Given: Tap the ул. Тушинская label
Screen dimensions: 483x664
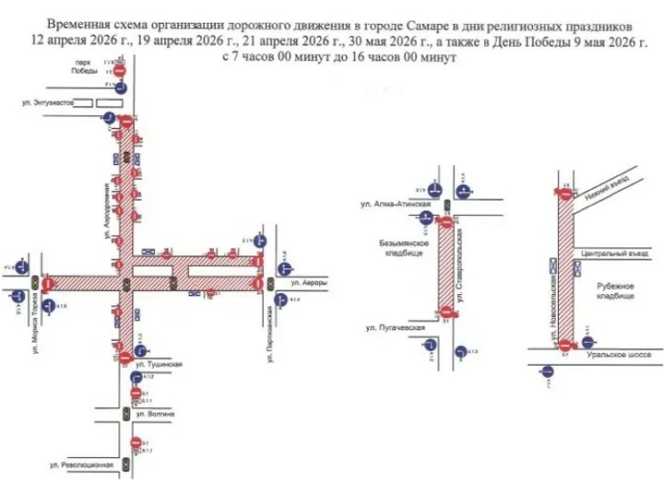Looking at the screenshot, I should pyautogui.click(x=163, y=363).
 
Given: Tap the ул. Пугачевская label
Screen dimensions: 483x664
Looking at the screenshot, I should pyautogui.click(x=395, y=327).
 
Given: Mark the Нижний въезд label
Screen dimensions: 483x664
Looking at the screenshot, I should pyautogui.click(x=604, y=190).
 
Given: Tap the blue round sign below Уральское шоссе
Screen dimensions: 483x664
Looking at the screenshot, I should pyautogui.click(x=547, y=372).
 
